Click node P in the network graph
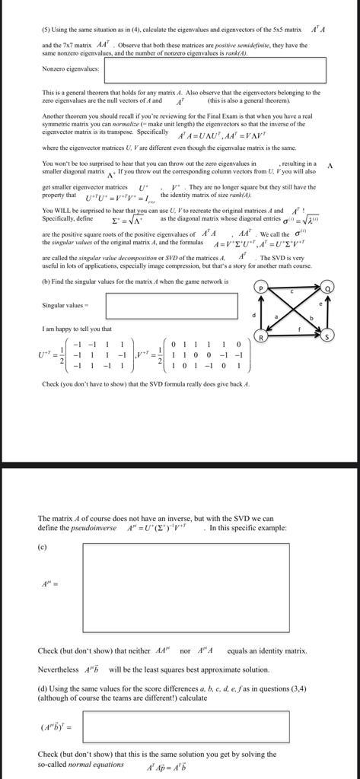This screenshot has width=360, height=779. (x=261, y=288)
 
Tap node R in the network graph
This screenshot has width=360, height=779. (x=261, y=336)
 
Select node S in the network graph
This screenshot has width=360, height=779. (x=328, y=336)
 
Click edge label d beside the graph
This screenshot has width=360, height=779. (x=253, y=313)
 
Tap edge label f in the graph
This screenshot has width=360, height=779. (x=298, y=329)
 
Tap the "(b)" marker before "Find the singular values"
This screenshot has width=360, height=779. (x=46, y=281)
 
